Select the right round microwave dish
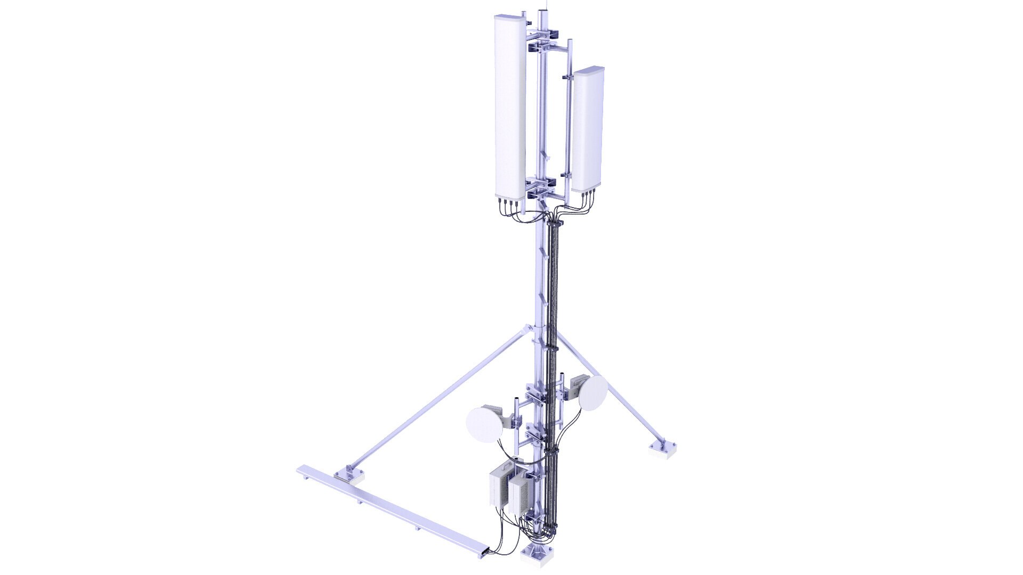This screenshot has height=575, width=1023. (x=593, y=393)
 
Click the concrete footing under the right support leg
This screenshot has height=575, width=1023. (x=662, y=450)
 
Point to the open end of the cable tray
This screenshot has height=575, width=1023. (x=111, y=552)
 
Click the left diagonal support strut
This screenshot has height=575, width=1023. (x=437, y=397)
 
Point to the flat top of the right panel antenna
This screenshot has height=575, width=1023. (x=589, y=70)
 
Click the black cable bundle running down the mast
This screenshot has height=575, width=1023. (x=554, y=319)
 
